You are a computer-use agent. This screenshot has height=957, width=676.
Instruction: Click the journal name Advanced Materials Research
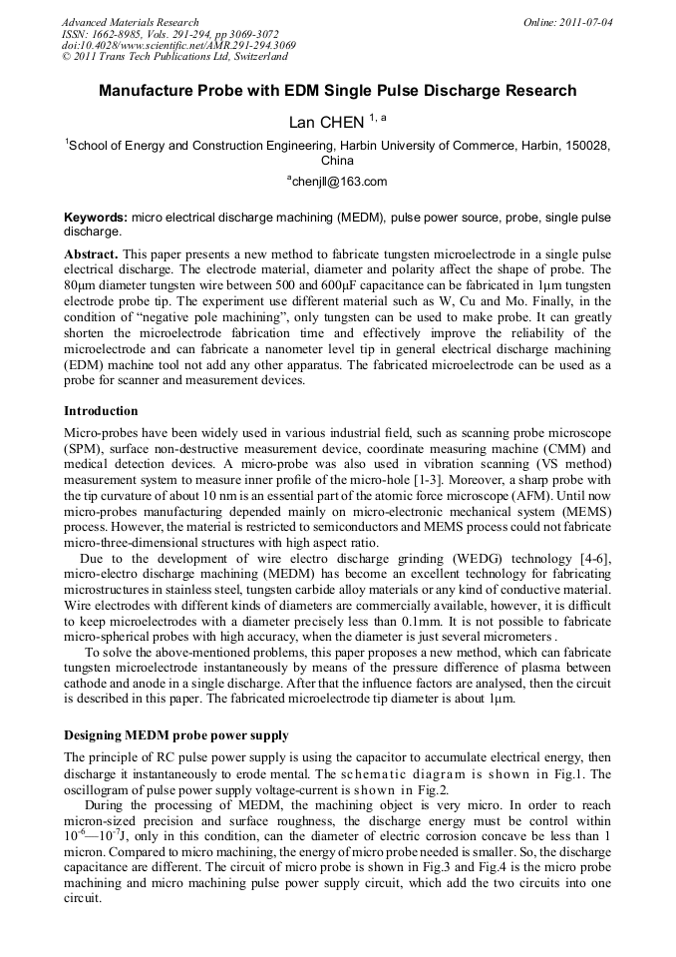(x=131, y=22)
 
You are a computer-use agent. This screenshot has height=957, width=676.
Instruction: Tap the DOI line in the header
(x=178, y=45)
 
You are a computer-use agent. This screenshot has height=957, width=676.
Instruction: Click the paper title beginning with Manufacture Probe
(x=337, y=91)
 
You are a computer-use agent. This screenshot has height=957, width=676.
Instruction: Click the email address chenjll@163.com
(x=339, y=182)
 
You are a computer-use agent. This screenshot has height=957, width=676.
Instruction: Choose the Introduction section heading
(x=101, y=411)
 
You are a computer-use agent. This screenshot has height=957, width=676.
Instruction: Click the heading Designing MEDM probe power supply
(x=175, y=735)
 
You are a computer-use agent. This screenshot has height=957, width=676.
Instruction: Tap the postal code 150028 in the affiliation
(x=585, y=146)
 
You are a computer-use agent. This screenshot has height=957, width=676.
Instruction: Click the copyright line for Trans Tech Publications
(x=160, y=57)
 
